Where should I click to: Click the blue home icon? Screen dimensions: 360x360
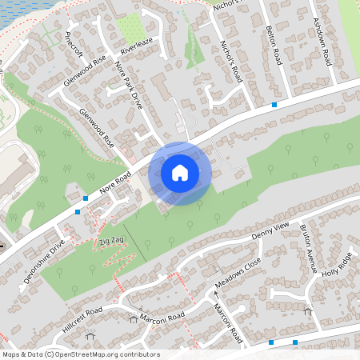(180, 172)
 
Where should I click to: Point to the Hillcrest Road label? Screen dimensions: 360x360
(82, 320)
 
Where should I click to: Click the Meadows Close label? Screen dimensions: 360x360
(238, 273)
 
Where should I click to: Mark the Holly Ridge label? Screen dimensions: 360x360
(338, 264)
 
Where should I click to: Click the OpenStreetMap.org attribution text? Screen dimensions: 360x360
(80, 354)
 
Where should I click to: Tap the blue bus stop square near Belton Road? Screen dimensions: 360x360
(274, 105)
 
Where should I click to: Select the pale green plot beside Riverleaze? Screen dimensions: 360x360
(129, 26)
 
